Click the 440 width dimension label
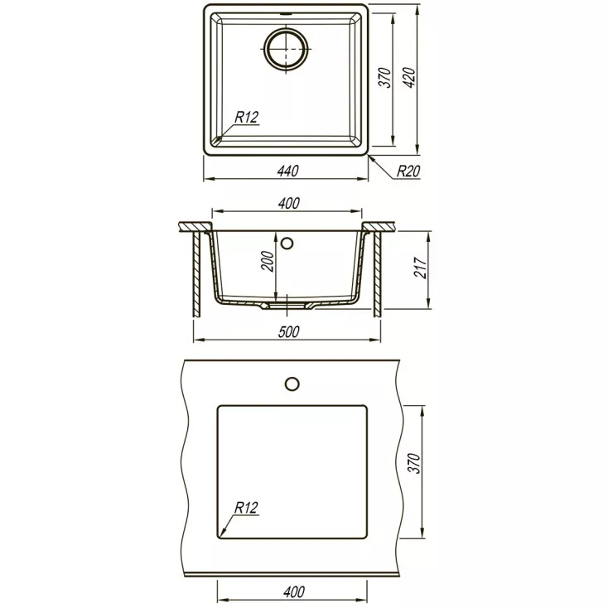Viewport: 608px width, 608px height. click(287, 171)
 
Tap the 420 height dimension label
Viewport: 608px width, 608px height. click(410, 78)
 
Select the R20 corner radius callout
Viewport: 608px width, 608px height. click(408, 171)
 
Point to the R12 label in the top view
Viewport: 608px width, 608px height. click(247, 117)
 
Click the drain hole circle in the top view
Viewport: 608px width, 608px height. click(287, 49)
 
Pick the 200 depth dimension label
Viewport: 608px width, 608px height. click(268, 261)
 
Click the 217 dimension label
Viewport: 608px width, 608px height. click(421, 268)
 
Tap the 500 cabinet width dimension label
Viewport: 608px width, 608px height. click(288, 332)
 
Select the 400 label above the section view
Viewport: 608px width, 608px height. click(289, 203)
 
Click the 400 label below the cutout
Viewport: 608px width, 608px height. click(294, 591)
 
